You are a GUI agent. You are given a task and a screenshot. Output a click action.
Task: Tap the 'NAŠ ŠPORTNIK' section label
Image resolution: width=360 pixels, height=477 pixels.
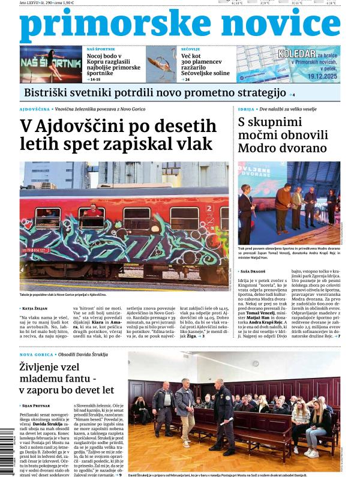click(x=101, y=48)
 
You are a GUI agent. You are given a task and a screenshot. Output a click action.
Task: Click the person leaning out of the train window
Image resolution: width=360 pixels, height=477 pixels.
click(x=92, y=211)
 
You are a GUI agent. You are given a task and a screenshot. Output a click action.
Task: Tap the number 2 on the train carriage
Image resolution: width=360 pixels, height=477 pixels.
click(x=209, y=208)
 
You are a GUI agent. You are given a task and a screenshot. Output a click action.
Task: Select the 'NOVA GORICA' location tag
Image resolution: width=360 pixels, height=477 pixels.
click(x=37, y=355)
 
